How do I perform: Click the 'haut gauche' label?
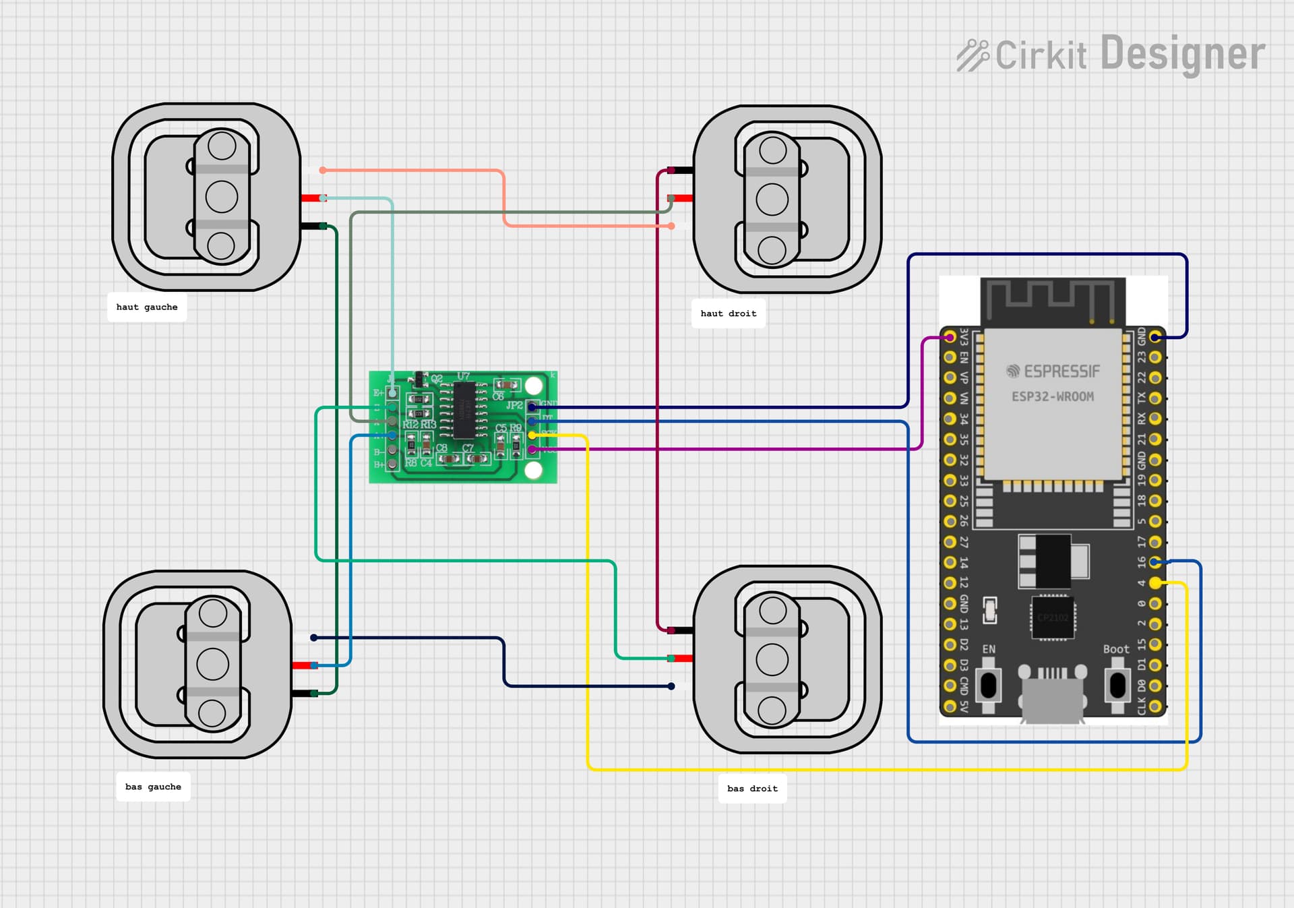click(147, 307)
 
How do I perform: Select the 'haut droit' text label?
click(728, 314)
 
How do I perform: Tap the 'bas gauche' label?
click(153, 787)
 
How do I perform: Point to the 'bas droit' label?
click(752, 789)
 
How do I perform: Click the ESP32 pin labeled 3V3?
click(950, 336)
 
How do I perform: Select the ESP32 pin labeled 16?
click(1155, 562)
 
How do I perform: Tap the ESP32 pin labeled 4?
click(1155, 582)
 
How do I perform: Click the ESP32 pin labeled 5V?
click(950, 706)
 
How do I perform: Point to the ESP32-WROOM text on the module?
click(1052, 397)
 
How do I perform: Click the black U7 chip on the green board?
click(464, 410)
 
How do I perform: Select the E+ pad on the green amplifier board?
click(392, 393)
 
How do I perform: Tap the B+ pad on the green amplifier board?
click(392, 464)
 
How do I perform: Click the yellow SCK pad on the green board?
click(532, 435)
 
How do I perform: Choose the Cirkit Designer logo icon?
click(973, 55)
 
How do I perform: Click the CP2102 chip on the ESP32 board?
click(1052, 617)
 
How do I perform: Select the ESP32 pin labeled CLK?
click(1155, 706)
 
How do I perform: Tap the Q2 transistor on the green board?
click(420, 380)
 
